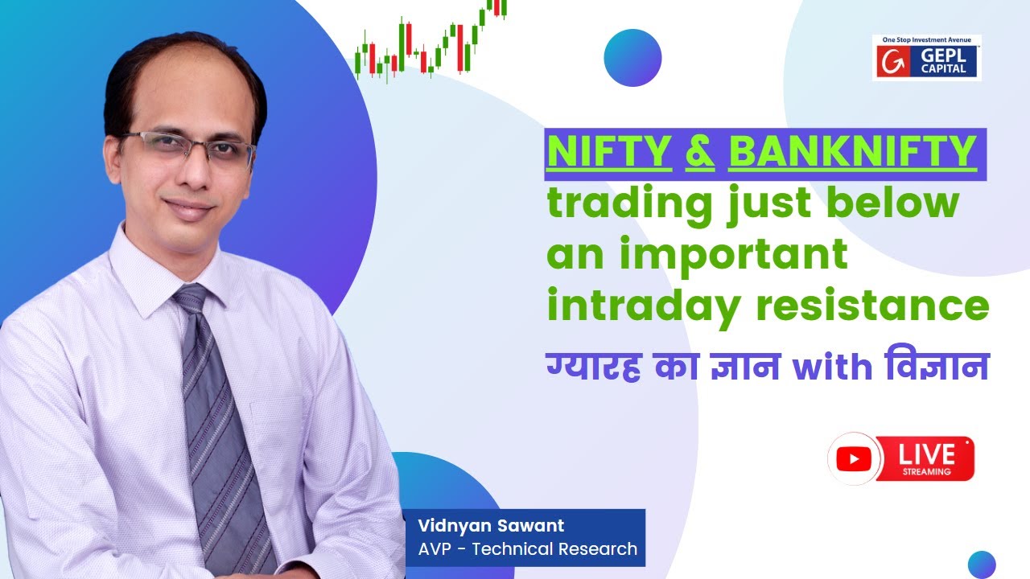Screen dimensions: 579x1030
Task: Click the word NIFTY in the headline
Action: tap(609, 153)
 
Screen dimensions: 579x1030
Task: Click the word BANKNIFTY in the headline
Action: tap(851, 153)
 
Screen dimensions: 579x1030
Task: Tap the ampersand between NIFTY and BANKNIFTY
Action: tap(700, 153)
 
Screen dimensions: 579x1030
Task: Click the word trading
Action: tap(629, 204)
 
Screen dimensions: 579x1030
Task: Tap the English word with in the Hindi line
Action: tap(832, 368)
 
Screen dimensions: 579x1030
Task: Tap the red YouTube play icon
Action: tap(854, 459)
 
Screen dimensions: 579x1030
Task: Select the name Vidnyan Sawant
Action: tap(491, 526)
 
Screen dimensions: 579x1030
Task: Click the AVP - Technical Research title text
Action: tap(527, 549)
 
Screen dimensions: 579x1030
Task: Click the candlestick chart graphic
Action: tap(431, 40)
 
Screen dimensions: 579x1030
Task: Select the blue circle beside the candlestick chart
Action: tap(632, 58)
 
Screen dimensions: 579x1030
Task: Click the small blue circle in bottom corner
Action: tap(982, 564)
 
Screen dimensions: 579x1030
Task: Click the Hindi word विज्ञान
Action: tap(933, 368)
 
